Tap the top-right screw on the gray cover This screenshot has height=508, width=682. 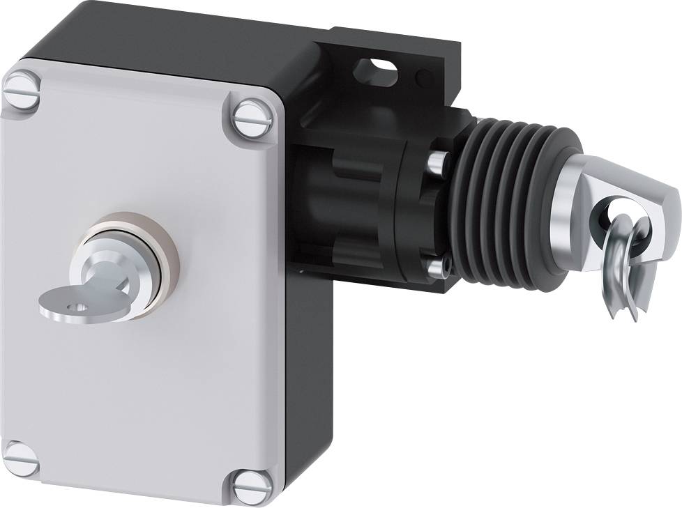point(250,118)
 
